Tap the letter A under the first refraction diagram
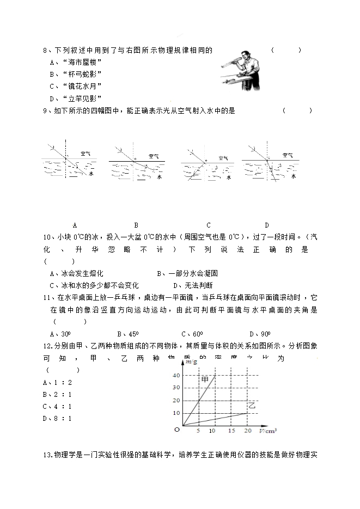click(74, 225)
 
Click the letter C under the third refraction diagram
click(209, 225)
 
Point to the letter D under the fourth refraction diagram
click(267, 225)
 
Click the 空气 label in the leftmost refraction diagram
click(86, 155)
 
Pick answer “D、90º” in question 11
click(260, 334)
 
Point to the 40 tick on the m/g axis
click(176, 376)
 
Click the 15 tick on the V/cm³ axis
click(231, 431)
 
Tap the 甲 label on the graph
click(205, 379)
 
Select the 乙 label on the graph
click(252, 406)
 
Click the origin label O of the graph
click(176, 430)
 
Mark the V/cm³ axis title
click(267, 431)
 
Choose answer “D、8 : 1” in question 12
click(57, 418)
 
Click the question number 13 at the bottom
click(46, 455)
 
